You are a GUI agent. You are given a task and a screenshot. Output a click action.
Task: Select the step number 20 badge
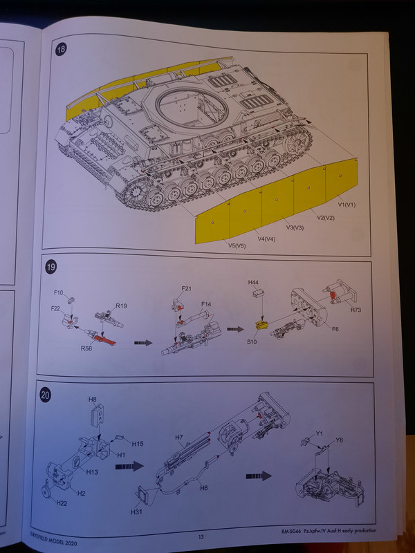(46, 395)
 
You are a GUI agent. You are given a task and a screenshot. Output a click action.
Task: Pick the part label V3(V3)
(295, 227)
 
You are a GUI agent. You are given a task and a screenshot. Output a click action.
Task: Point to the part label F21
(187, 287)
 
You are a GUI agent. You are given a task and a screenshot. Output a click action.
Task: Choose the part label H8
(92, 399)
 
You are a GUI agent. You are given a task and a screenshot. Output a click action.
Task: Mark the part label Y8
(338, 440)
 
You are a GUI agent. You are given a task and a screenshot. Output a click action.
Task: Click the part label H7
(179, 438)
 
